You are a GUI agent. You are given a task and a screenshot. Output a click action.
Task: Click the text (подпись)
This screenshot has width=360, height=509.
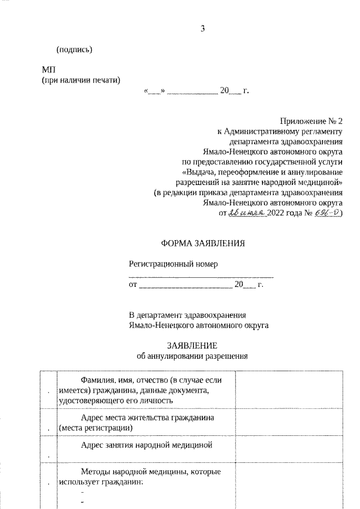pyautogui.click(x=74, y=49)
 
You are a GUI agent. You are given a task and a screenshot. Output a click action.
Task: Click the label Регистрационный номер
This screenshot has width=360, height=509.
pyautogui.click(x=173, y=263)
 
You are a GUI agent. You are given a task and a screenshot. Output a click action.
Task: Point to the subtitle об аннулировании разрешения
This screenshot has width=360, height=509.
pyautogui.click(x=192, y=355)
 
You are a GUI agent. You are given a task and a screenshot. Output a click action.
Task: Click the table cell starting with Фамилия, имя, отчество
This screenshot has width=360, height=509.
pyautogui.click(x=146, y=389)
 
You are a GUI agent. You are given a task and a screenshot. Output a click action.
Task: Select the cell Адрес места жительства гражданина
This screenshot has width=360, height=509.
pyautogui.click(x=146, y=423)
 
